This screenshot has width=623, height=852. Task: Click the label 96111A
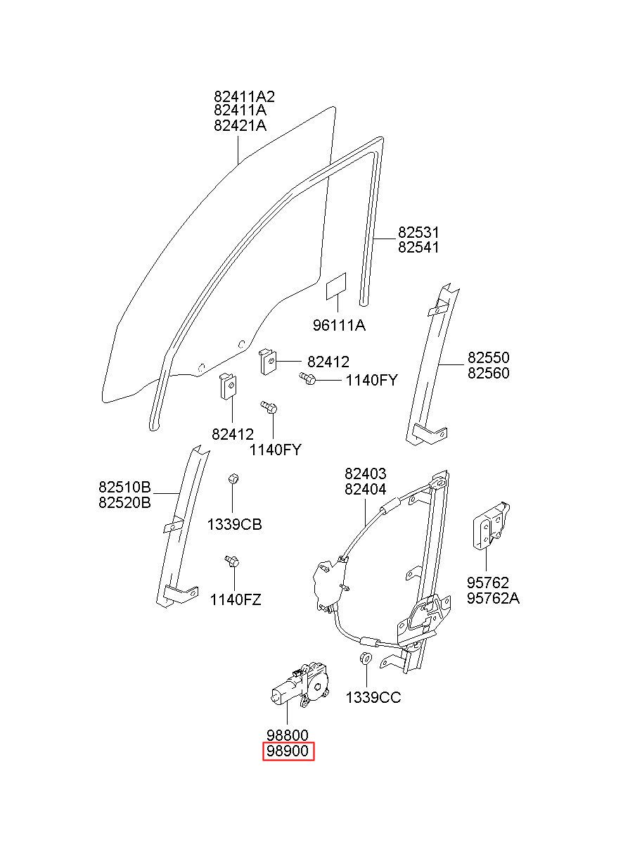click(x=339, y=325)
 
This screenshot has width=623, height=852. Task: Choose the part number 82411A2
click(x=244, y=96)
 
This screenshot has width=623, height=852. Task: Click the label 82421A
click(x=240, y=125)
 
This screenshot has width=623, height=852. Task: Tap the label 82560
click(x=489, y=373)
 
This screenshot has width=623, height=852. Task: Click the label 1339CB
click(x=235, y=525)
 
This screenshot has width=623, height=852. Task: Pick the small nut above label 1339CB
click(x=233, y=478)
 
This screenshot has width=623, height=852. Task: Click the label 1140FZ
click(x=236, y=600)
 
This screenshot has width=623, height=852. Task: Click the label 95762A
click(x=493, y=598)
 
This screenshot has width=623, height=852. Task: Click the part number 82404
click(x=365, y=489)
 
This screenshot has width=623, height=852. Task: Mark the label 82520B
click(x=124, y=502)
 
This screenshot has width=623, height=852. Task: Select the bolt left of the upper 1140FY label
click(x=307, y=378)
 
